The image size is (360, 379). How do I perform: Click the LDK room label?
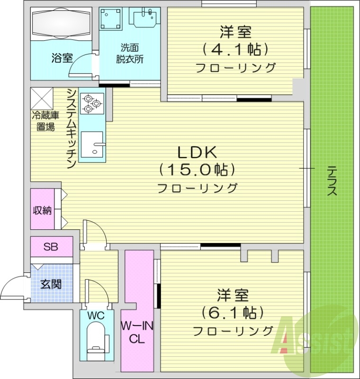click(x=197, y=153)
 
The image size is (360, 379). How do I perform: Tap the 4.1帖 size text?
click(x=235, y=49)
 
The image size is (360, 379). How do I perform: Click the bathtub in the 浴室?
click(x=61, y=24)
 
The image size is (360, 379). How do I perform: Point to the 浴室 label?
click(x=62, y=59)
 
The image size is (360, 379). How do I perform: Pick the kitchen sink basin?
click(x=92, y=145)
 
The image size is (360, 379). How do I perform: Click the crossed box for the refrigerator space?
click(x=44, y=98)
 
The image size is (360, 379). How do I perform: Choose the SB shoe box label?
click(x=51, y=246)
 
